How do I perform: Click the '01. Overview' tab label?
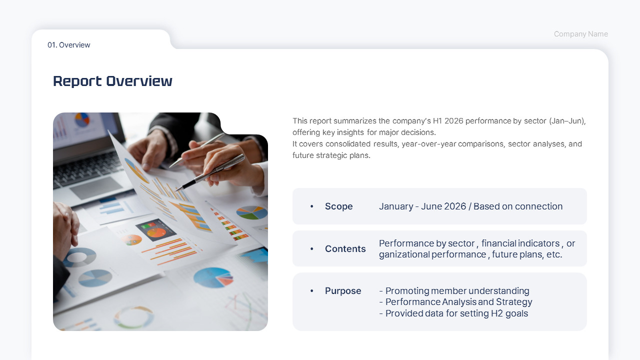point(69,45)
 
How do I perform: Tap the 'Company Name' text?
point(581,34)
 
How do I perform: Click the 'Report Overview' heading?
point(112,81)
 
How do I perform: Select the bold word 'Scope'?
point(338,206)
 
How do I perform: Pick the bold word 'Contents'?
point(345,249)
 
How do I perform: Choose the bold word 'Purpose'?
point(343,291)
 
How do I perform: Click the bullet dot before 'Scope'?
point(311,206)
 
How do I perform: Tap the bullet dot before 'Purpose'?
point(311,291)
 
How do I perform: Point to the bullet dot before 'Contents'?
point(311,249)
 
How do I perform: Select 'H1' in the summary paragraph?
point(437,121)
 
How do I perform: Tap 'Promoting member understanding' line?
point(454,291)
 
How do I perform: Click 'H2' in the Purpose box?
point(497,313)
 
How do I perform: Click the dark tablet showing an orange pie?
point(155,229)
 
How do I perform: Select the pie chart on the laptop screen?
point(82,119)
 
